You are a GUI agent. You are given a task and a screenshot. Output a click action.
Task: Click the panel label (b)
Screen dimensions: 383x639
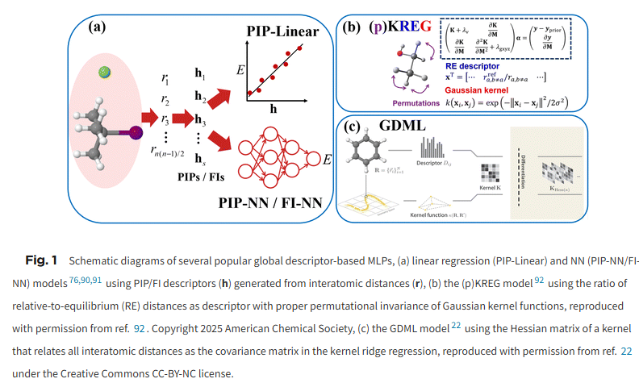353,26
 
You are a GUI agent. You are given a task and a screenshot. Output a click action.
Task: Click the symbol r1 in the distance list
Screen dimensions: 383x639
165,80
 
